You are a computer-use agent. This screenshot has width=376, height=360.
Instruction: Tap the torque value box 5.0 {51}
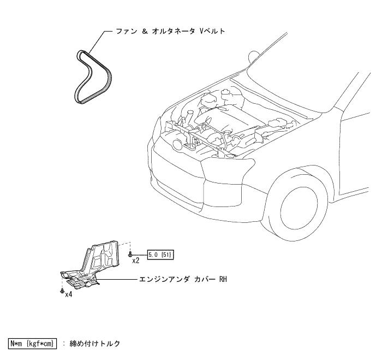(x=160, y=254)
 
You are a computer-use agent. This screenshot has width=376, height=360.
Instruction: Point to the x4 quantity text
(x=69, y=294)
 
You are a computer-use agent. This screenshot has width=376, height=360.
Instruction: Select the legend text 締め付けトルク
(x=96, y=344)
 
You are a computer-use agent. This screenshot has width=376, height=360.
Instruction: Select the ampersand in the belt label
(x=145, y=32)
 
